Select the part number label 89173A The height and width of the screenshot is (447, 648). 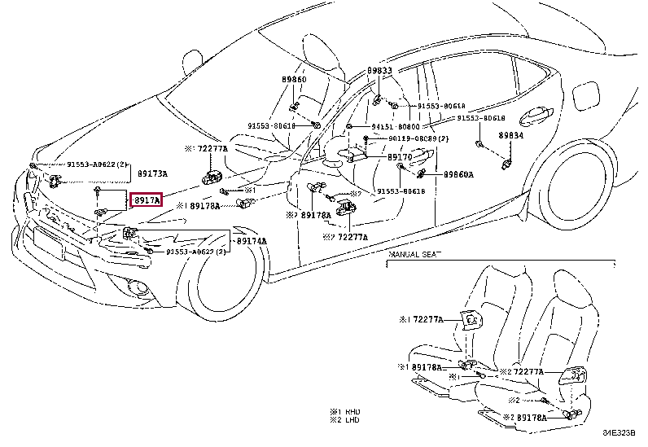click(151, 174)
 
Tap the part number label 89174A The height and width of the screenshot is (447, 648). click(252, 242)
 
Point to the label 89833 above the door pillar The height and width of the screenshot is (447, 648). click(379, 71)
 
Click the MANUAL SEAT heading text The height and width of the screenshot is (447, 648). click(414, 255)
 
